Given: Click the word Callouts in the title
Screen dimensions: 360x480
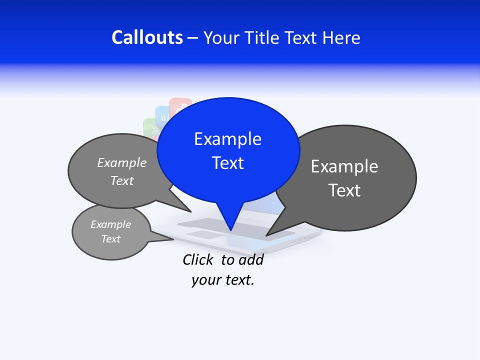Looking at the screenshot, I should click(147, 37).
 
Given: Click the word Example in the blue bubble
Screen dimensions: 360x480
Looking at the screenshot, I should click(227, 139).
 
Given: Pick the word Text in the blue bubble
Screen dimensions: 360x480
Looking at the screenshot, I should click(228, 163).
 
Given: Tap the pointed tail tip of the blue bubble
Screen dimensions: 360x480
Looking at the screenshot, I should click(230, 230).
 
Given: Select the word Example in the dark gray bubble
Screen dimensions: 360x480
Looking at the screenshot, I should click(344, 166).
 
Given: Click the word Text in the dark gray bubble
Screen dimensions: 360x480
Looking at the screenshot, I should click(344, 190).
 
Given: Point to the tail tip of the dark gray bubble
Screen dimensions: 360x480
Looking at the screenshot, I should click(266, 235).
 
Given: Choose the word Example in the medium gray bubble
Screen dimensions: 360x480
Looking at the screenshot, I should click(122, 163).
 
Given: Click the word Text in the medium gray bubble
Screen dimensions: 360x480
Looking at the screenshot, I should click(122, 181).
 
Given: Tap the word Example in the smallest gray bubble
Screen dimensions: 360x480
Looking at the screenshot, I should click(111, 224).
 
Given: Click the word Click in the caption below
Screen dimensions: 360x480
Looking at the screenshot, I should click(197, 259).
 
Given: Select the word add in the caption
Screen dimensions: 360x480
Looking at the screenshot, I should click(251, 259).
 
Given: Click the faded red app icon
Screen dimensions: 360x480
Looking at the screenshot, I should click(180, 105).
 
